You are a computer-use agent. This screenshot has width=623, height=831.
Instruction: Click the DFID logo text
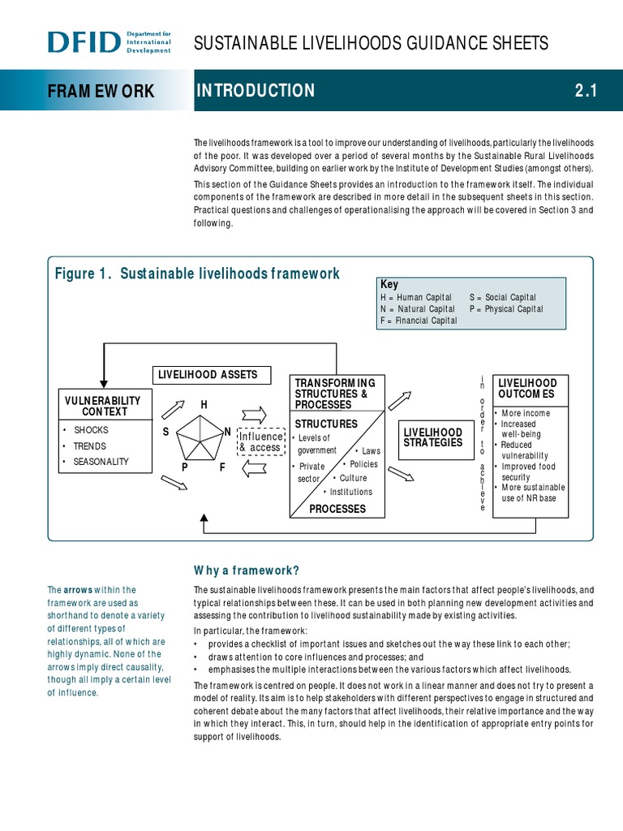(84, 41)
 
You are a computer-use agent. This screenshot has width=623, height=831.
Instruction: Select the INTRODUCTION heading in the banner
(256, 91)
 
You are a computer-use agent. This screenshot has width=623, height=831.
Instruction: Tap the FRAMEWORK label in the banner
(100, 91)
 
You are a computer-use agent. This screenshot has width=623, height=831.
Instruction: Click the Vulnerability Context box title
(102, 406)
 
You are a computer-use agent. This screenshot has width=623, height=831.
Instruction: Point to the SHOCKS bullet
(91, 430)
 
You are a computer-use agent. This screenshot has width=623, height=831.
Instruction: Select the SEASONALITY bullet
(101, 462)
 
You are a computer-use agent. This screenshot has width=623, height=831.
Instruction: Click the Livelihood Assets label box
(208, 374)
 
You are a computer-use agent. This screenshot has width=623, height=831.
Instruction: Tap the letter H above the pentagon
(204, 404)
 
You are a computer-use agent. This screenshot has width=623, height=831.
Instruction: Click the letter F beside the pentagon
(222, 467)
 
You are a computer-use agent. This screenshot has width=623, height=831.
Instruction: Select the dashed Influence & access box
(260, 442)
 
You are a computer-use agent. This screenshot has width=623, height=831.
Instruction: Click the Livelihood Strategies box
(433, 437)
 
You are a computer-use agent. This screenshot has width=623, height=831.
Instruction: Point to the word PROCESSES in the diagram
(337, 509)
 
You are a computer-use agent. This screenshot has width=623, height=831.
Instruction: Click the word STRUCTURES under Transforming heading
(326, 424)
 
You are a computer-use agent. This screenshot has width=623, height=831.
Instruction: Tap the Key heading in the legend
(389, 284)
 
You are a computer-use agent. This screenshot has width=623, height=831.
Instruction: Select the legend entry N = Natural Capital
(417, 309)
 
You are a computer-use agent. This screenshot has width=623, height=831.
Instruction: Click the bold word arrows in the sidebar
(78, 590)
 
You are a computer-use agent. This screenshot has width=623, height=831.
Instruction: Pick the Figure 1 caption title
(197, 273)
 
